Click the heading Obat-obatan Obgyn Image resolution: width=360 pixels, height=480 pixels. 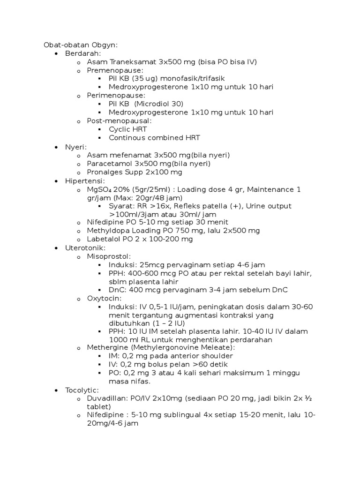pos(80,45)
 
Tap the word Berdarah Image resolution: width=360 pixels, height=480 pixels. pos(80,53)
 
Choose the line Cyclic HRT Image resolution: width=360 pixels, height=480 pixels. pos(128,129)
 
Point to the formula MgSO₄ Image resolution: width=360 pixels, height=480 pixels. pos(98,189)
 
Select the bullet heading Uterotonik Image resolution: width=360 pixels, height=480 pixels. pos(85,247)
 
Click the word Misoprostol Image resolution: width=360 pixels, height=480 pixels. pos(108,256)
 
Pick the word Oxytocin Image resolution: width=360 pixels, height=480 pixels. pos(104,298)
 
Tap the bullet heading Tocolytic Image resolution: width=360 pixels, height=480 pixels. pos(82,390)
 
